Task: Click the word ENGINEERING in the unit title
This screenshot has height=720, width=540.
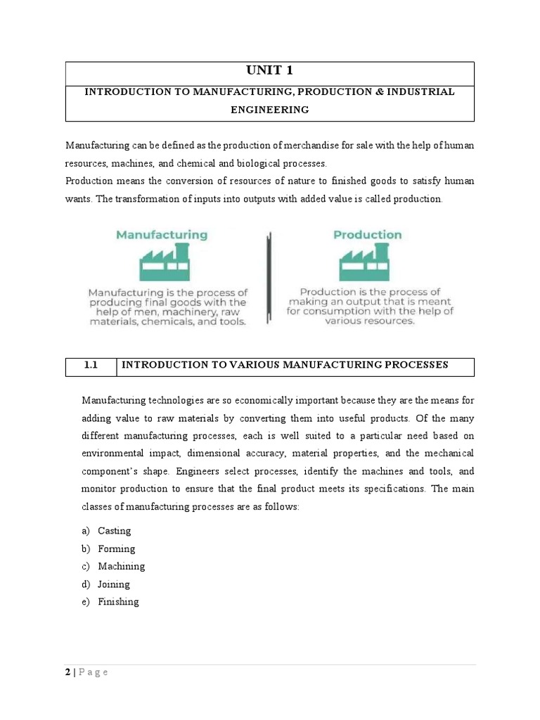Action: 270,110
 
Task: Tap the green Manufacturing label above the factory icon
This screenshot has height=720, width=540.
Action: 161,235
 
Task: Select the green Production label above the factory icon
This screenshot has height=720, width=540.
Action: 367,235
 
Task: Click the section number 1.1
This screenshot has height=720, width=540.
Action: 90,365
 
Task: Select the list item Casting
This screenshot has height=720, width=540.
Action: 115,531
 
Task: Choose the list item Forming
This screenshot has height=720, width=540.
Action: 117,548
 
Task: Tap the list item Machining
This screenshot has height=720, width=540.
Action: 121,566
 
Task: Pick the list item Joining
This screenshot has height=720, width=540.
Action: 114,584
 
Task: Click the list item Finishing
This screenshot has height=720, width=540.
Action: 119,602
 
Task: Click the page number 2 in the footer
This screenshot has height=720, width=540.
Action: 68,672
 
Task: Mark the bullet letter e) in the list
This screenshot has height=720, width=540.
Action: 86,602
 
